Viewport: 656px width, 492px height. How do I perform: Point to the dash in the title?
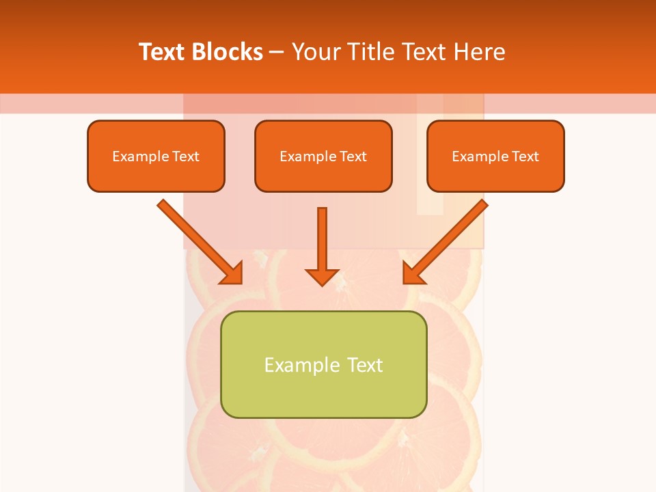coord(277,53)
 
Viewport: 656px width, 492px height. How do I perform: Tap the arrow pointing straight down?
coord(323,239)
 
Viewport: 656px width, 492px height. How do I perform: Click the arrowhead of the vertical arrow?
coord(323,277)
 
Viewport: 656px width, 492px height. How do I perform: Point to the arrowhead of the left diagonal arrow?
coord(232,273)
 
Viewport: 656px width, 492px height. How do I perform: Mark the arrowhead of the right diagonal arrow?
coord(413,273)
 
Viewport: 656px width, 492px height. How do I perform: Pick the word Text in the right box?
coord(525,156)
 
